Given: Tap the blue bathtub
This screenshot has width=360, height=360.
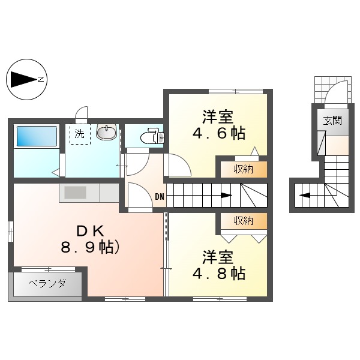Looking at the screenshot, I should tap(36, 136).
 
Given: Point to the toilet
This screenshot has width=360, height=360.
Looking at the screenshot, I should tap(149, 137).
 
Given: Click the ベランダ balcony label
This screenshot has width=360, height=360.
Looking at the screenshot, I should tap(46, 283).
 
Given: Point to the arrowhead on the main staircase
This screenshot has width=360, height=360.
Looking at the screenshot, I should tap(226, 195).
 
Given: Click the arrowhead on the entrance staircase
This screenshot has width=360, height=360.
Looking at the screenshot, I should tap(304, 195).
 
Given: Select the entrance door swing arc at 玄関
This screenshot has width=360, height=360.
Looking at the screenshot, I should tap(334, 93).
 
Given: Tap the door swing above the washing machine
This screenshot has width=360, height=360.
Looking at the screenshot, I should tap(82, 114).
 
